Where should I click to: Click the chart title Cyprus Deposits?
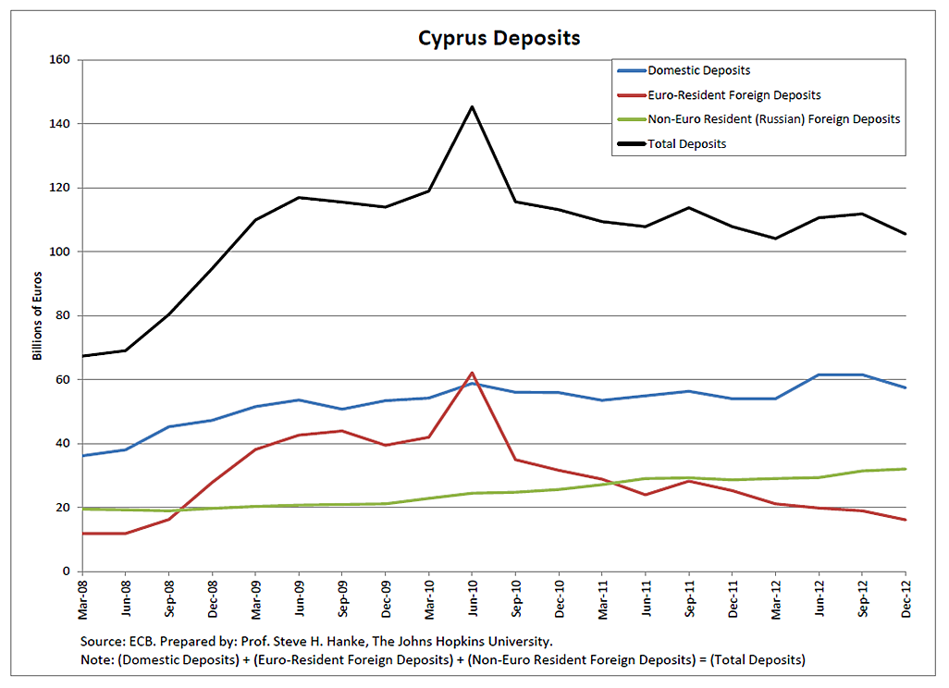pyautogui.click(x=499, y=38)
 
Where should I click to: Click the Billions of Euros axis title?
pyautogui.click(x=38, y=316)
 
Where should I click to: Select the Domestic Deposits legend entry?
pyautogui.click(x=698, y=70)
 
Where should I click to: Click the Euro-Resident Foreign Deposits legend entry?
pyautogui.click(x=733, y=94)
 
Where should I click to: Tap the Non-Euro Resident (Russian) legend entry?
pyautogui.click(x=773, y=119)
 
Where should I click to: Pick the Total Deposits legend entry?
pyautogui.click(x=686, y=143)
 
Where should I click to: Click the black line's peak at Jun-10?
pyautogui.click(x=473, y=106)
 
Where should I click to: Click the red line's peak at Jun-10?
pyautogui.click(x=473, y=373)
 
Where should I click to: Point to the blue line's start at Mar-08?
pyautogui.click(x=83, y=455)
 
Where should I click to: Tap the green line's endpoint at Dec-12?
pyautogui.click(x=905, y=469)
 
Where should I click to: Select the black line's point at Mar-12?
pyautogui.click(x=775, y=239)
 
